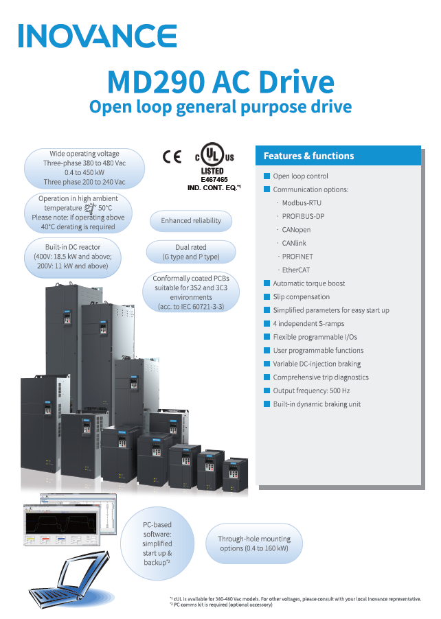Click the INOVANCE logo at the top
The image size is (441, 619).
click(98, 36)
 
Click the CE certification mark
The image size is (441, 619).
click(172, 156)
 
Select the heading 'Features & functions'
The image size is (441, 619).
click(308, 156)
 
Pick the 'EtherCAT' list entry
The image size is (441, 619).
click(296, 270)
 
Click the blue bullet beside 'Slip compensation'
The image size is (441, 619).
click(267, 297)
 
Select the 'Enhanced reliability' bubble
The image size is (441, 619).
click(191, 221)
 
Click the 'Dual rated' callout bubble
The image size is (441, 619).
click(191, 252)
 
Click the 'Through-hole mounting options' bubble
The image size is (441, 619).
click(254, 544)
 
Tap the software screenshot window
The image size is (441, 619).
click(68, 528)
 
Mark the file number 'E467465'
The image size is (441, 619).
click(214, 178)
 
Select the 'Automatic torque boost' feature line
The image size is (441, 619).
click(308, 283)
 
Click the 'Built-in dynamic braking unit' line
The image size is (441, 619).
click(316, 404)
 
